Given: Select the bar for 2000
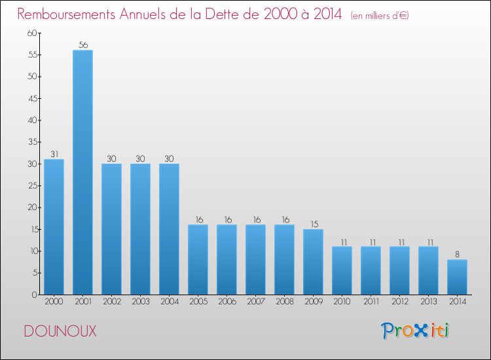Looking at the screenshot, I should click(54, 226).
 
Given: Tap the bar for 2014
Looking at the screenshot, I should click(457, 277).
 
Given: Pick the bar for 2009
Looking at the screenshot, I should click(313, 262).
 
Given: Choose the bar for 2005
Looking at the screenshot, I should click(198, 259).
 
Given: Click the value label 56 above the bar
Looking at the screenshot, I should click(82, 45).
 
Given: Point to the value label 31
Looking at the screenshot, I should click(54, 154).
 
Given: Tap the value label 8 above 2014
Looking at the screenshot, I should click(457, 255).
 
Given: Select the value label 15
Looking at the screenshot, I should click(313, 224).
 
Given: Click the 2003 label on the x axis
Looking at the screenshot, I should click(140, 302).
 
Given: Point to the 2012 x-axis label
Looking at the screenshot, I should click(399, 302).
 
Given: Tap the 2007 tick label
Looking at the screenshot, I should click(255, 302).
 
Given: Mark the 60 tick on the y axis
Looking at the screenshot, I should click(32, 33).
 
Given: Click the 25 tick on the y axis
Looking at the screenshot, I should click(32, 186).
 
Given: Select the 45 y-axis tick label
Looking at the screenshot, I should click(32, 99).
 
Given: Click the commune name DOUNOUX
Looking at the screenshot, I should click(60, 332).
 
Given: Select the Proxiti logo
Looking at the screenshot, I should click(415, 331).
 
